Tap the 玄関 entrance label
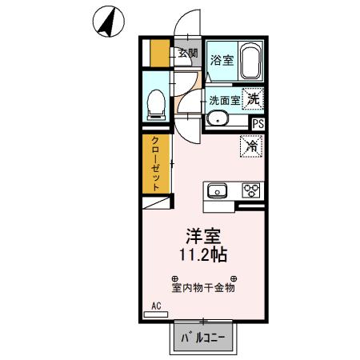click(x=188, y=54)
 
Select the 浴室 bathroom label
click(x=221, y=59)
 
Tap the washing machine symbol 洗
click(x=252, y=99)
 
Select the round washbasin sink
click(x=217, y=119)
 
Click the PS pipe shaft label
click(x=258, y=123)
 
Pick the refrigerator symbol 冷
click(x=251, y=146)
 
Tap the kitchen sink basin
click(x=218, y=190)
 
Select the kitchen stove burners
click(x=251, y=190)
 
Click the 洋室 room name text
click(x=204, y=236)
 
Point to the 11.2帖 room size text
click(x=204, y=256)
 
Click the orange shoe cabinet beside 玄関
click(x=159, y=53)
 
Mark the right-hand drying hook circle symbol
click(x=233, y=278)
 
